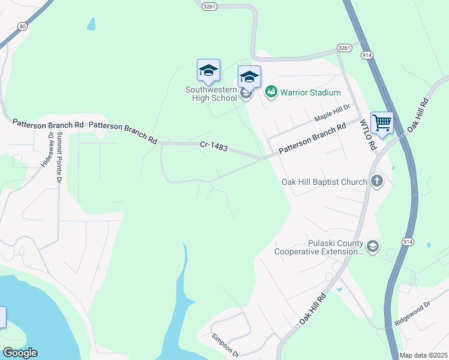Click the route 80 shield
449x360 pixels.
pos(22,26)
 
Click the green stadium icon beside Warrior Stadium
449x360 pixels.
pos(271,92)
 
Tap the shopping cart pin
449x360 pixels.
pos(382,123)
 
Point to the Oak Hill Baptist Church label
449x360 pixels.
pos(324,181)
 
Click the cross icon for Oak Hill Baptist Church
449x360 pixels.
pos(376,181)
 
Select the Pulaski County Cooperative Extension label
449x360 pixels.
pos(318,248)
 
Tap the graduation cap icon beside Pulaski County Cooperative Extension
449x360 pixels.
pos(373,247)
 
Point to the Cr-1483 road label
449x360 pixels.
pos(214,146)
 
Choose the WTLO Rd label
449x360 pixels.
pos(367,135)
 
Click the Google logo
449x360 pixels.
pos(20,353)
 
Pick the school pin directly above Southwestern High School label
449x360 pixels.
pos(208,71)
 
